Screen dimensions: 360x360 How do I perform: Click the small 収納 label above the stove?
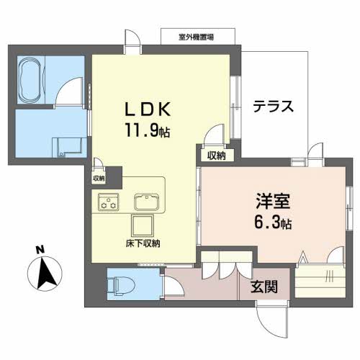(x=99, y=178)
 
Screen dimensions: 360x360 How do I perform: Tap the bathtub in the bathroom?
(x=31, y=79)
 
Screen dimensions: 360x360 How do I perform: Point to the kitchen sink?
(x=148, y=199)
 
